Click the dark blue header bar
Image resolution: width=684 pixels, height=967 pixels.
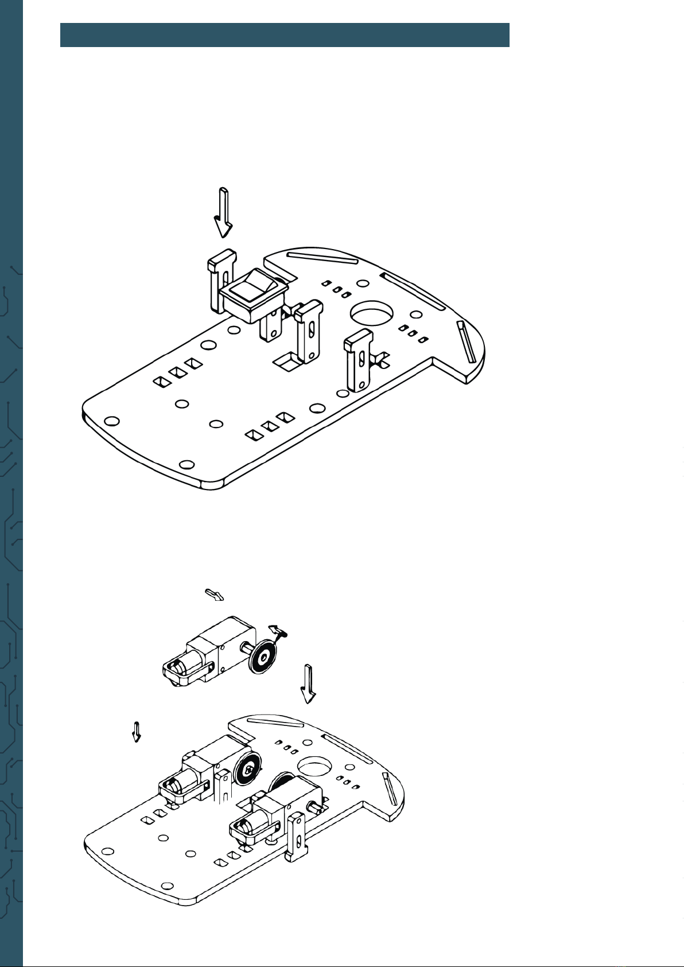[285, 35]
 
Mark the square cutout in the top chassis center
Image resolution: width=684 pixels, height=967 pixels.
[287, 361]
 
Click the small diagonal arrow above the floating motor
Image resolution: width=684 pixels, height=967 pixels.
[215, 595]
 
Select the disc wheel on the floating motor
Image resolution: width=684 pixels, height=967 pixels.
[263, 655]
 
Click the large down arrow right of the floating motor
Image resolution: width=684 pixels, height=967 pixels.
[309, 683]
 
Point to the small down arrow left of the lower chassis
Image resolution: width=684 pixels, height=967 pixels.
[137, 731]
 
